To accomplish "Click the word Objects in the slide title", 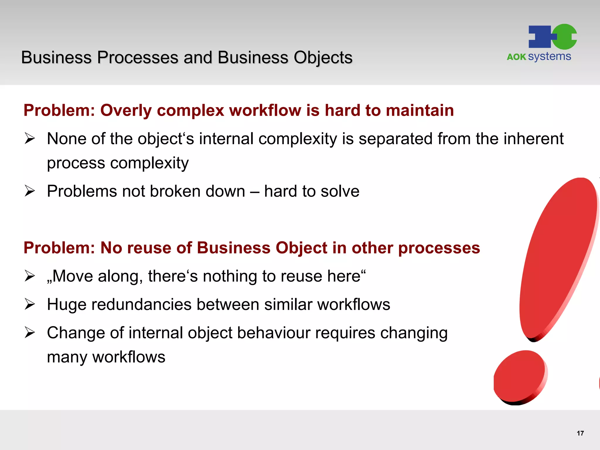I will pos(323,58).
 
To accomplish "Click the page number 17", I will pos(580,433).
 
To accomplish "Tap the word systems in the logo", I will pos(549,57).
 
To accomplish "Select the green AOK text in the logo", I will pos(516,57).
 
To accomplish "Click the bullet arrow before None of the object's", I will pos(30,138).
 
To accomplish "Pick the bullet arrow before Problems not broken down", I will pos(30,191).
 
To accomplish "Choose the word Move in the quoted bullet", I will pos(72,276).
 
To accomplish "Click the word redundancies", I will pos(142,304).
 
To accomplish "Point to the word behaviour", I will pos(274,333).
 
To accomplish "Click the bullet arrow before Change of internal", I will pos(30,333).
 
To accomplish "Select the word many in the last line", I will pos(67,357).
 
